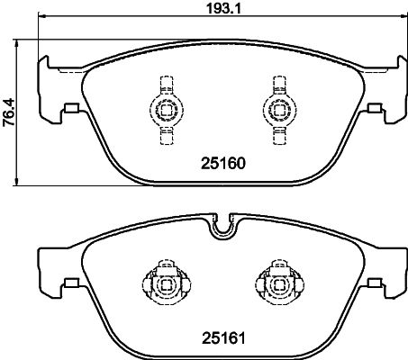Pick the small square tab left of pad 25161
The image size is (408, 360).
pyautogui.click(x=68, y=285)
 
